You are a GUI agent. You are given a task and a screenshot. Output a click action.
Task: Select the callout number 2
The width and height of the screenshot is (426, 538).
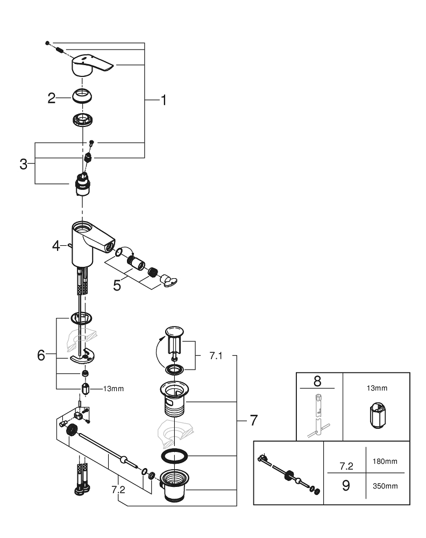(x=52, y=98)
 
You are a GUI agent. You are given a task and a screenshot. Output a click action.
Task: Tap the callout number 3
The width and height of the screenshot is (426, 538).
(x=23, y=164)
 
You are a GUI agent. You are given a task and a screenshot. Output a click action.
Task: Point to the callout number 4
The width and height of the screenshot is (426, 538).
(x=56, y=246)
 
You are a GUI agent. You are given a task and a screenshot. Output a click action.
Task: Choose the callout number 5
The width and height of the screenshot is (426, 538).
(x=117, y=285)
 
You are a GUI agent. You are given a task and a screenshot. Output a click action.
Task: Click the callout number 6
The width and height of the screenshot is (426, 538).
(x=41, y=356)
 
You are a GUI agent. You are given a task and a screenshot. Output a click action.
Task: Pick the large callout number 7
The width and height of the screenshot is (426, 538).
(x=253, y=420)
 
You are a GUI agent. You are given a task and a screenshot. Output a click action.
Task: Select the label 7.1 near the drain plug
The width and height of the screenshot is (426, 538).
(x=216, y=356)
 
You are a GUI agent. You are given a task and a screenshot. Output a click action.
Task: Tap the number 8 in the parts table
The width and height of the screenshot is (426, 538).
(x=316, y=381)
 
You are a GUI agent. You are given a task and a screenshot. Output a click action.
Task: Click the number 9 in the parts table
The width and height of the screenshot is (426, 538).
(x=346, y=485)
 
